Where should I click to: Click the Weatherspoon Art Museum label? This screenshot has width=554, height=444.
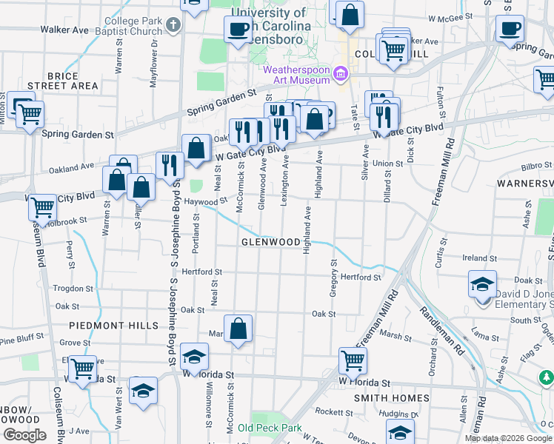[296, 75]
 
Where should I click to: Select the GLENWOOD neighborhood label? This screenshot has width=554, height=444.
[270, 242]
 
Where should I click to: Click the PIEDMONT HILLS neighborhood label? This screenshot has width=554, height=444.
[113, 325]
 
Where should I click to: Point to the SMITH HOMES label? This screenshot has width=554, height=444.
[391, 398]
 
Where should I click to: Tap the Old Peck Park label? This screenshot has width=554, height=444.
[270, 428]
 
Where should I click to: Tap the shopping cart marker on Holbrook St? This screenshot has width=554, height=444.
[43, 207]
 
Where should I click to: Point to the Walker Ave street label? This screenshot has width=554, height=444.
[64, 30]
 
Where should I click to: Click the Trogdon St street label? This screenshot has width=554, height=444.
[73, 288]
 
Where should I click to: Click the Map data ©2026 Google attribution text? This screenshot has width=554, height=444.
[508, 438]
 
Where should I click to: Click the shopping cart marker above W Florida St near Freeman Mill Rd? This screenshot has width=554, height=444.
[353, 360]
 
